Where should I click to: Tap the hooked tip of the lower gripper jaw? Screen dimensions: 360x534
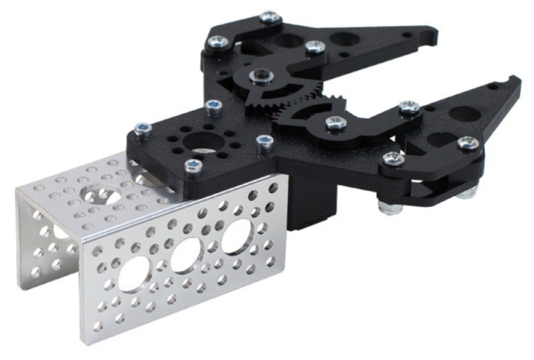[x=515, y=81]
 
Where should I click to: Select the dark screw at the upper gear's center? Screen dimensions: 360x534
[x=259, y=77]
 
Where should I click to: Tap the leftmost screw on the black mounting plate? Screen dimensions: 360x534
[x=142, y=129]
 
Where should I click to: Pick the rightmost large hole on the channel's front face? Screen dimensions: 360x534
[x=236, y=236]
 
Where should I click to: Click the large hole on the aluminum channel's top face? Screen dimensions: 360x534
[x=102, y=196]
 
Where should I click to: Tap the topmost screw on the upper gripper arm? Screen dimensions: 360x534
[x=270, y=17]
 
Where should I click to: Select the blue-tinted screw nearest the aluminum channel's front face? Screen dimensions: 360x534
[x=193, y=165]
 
